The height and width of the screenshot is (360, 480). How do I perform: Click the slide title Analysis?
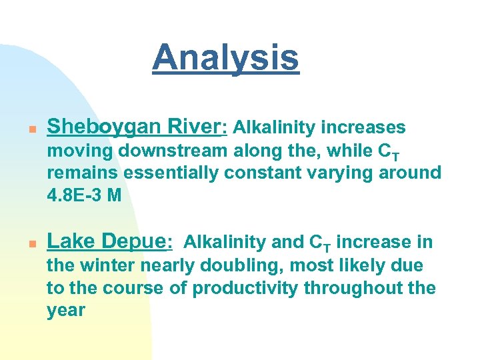(225, 57)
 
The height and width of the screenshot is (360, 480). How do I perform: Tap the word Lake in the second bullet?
(70, 242)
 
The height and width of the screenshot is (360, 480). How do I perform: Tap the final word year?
(65, 311)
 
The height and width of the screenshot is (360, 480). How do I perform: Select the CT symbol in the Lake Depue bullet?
(321, 243)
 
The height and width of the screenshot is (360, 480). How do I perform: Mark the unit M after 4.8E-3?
(113, 196)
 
